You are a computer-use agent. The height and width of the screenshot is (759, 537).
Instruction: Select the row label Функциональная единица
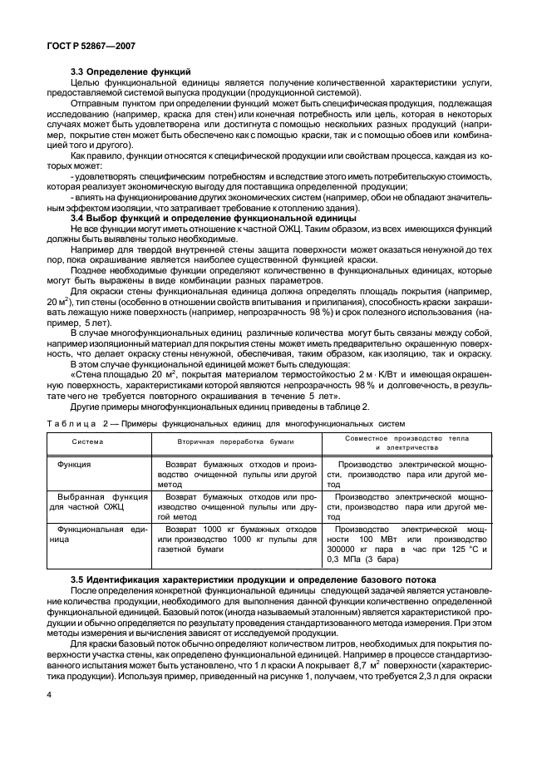point(96,534)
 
